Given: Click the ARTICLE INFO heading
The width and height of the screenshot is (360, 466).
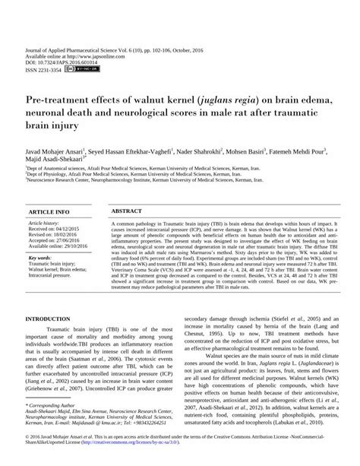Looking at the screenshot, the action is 49,210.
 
